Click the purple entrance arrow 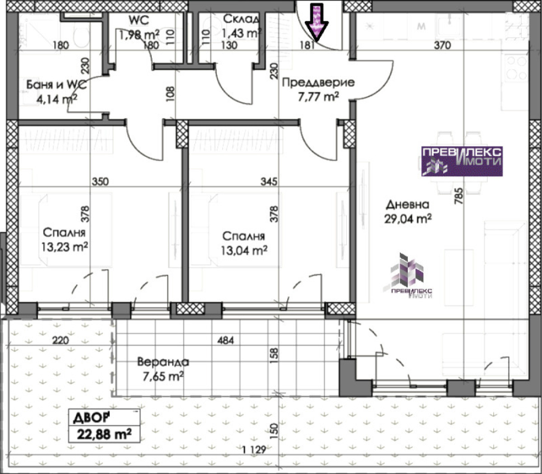[317, 22]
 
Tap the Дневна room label [407, 205]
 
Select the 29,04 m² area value [408, 219]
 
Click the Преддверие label [318, 83]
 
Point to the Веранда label [163, 362]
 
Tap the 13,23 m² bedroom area [65, 247]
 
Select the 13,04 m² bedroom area [244, 250]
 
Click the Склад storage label [241, 19]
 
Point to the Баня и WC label [56, 85]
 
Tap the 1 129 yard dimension [254, 450]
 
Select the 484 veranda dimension [225, 340]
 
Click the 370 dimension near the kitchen [442, 45]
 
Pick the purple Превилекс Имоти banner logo [462, 161]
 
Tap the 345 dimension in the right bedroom [269, 182]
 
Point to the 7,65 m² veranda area [163, 376]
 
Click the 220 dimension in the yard [61, 340]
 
